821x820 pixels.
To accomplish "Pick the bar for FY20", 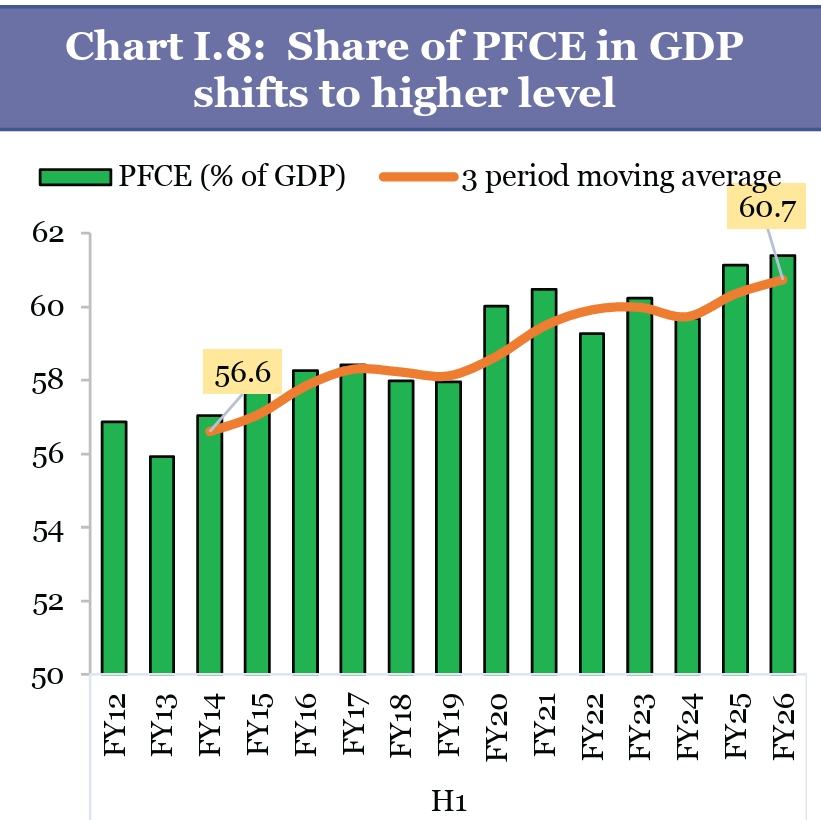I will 496,490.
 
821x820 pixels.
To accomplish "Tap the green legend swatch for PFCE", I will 75,177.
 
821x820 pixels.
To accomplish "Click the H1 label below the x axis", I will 448,801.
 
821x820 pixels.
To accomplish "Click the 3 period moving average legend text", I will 620,177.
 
